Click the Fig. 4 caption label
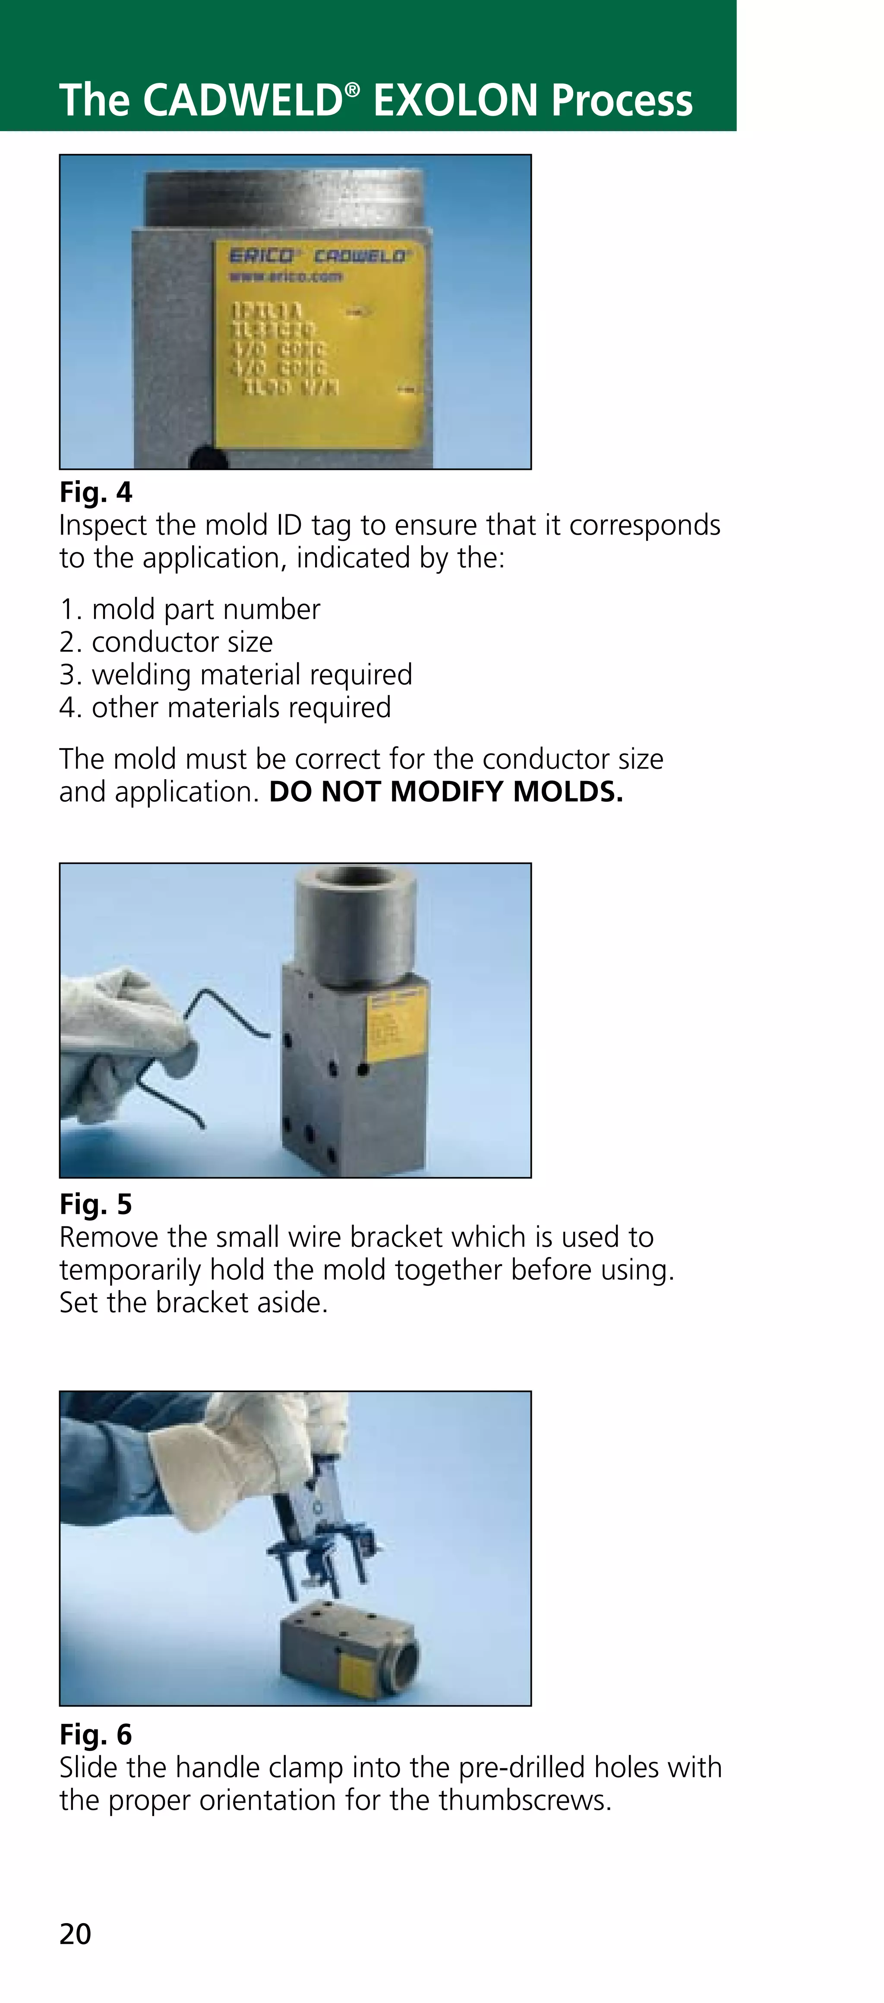click(96, 492)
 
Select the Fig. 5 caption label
click(96, 1204)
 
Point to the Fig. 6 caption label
click(96, 1734)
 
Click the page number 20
click(76, 1934)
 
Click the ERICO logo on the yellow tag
click(261, 256)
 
